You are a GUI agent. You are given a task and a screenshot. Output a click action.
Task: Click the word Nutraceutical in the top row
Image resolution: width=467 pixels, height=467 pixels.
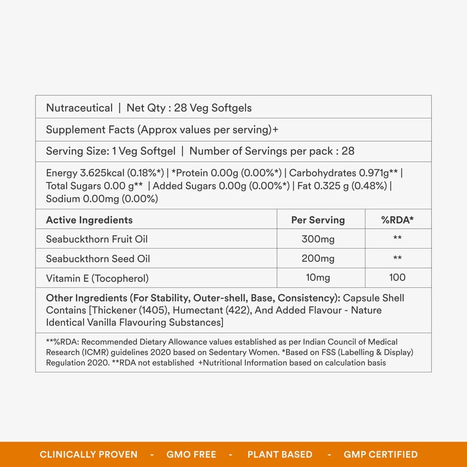click(79, 108)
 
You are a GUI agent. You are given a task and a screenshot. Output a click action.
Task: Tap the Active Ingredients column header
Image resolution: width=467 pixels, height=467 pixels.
click(89, 220)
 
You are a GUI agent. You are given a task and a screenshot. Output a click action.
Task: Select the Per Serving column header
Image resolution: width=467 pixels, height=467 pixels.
click(318, 220)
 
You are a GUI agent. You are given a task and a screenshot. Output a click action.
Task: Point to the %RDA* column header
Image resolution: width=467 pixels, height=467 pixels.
click(398, 220)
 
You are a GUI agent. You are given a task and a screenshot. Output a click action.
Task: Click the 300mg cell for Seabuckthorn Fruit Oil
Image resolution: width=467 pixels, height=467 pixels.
click(318, 239)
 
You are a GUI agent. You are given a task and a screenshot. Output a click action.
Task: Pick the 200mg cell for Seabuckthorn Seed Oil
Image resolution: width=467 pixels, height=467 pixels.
click(318, 259)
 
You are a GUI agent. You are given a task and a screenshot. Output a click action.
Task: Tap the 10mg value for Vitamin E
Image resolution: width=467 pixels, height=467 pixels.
click(318, 278)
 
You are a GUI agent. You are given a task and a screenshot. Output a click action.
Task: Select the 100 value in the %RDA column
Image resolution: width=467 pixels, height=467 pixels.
click(398, 278)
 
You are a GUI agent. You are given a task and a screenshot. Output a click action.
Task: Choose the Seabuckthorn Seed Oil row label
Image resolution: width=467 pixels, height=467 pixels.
click(94, 259)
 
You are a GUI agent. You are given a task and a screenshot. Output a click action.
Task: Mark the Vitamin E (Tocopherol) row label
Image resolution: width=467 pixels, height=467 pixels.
click(97, 278)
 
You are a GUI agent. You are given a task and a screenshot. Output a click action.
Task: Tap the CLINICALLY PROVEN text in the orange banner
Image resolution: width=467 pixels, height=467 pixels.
click(89, 454)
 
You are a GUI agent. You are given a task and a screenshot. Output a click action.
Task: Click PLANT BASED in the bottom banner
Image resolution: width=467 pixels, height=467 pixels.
click(280, 454)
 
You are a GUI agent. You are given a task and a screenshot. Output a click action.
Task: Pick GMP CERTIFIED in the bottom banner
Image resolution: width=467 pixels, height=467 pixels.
click(381, 454)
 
